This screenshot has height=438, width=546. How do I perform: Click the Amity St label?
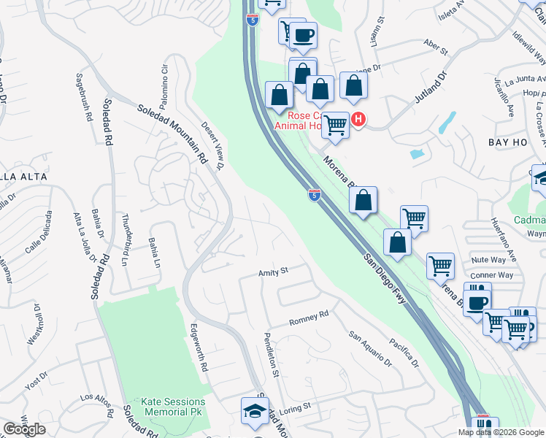tap(274, 271)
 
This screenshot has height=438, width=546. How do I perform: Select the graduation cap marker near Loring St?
tap(255, 412)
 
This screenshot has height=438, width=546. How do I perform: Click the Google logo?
tap(24, 429)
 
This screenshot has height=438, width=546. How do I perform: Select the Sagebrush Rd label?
tap(84, 97)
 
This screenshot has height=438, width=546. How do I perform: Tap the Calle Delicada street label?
tap(39, 232)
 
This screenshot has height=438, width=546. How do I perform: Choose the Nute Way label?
tap(488, 260)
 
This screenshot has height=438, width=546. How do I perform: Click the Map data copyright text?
tap(501, 431)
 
